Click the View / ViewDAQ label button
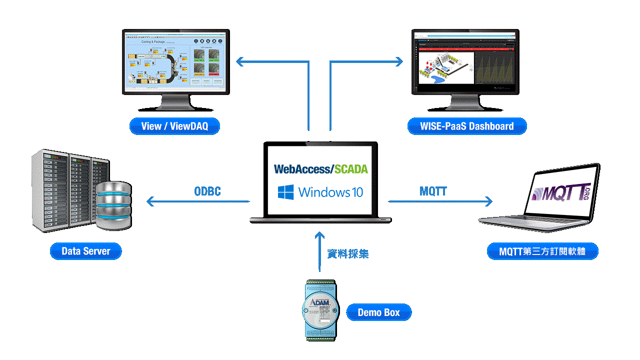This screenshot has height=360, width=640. [x=174, y=126]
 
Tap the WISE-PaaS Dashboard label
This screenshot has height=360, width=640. [x=467, y=126]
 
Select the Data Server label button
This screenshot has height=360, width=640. [x=85, y=251]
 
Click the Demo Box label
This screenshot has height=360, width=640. [x=378, y=312]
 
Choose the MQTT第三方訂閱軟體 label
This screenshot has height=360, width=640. [x=542, y=251]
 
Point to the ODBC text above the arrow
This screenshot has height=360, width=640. [x=207, y=191]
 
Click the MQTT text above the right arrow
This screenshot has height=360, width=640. [x=433, y=191]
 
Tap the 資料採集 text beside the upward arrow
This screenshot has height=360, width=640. [x=348, y=254]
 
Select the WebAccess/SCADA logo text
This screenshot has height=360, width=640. [x=320, y=169]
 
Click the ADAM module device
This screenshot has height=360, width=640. [x=320, y=310]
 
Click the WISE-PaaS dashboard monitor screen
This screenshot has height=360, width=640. [x=465, y=61]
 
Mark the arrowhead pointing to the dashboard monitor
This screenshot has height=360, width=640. [x=398, y=61]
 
